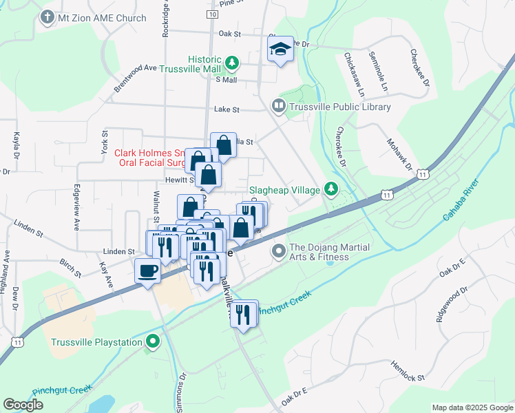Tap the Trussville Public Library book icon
point(279,106)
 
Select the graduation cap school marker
point(280,49)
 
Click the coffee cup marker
point(147,270)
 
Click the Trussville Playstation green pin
point(155,341)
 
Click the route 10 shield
point(211,14)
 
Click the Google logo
point(23,405)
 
